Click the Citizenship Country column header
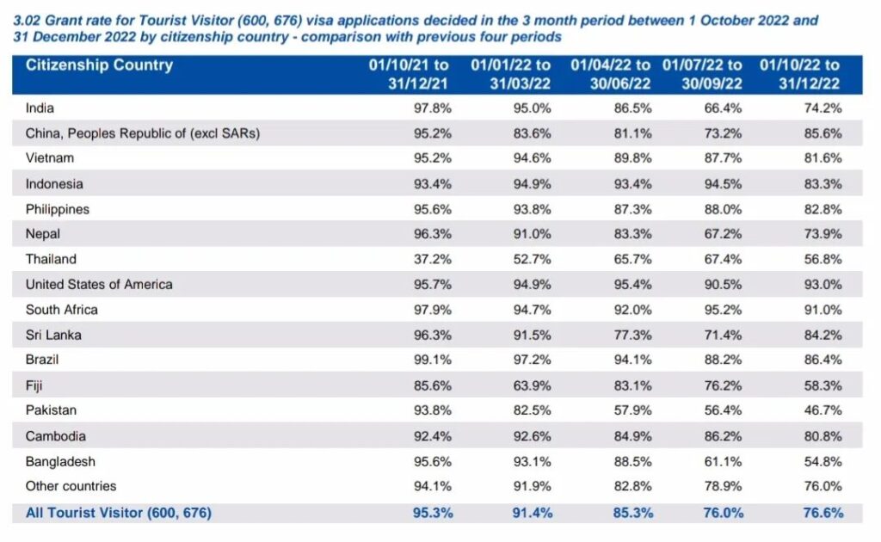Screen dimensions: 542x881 pyautogui.click(x=99, y=65)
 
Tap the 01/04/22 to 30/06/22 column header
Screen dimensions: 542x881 pyautogui.click(x=611, y=75)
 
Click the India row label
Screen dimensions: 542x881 pyautogui.click(x=40, y=108)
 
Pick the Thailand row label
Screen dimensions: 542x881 pyautogui.click(x=51, y=259)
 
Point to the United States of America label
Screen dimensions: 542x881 pyautogui.click(x=99, y=284)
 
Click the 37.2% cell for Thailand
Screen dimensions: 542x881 pyautogui.click(x=431, y=259)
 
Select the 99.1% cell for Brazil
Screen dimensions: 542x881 pyautogui.click(x=431, y=360)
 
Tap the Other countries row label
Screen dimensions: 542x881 pyautogui.click(x=71, y=486)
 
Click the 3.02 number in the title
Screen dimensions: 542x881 pyautogui.click(x=25, y=20)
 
